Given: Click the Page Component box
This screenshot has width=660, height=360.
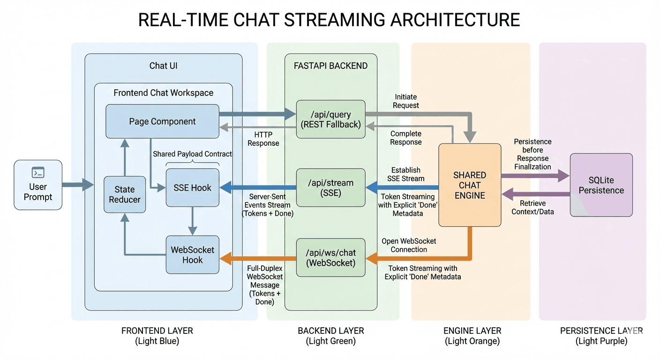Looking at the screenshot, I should click(162, 121).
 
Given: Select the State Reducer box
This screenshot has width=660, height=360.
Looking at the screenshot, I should click(125, 195).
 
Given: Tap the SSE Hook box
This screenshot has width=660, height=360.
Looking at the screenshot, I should click(192, 188).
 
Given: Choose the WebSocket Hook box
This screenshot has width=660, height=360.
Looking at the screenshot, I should click(192, 255).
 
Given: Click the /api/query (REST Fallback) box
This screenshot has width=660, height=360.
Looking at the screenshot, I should click(330, 119).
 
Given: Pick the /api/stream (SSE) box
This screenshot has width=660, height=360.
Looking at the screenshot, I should click(330, 188).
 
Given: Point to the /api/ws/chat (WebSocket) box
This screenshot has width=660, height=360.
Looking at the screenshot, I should click(330, 257).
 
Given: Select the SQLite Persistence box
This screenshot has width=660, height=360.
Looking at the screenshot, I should click(601, 185).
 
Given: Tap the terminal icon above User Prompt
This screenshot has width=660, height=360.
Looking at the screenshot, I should click(38, 172).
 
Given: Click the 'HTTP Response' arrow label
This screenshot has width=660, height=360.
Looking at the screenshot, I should click(263, 139).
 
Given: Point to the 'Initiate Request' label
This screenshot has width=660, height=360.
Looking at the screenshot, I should click(406, 101).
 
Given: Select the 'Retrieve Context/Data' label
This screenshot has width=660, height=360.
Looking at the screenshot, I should click(533, 207).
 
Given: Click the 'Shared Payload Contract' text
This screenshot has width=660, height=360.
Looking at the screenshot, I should click(192, 154).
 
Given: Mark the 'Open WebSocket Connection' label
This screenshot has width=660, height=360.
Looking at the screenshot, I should click(409, 245).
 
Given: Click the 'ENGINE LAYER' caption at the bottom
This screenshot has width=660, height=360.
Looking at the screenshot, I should click(472, 331).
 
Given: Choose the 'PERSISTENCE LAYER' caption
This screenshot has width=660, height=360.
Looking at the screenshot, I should click(601, 331).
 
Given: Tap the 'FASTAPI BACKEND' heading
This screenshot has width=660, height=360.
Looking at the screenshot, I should click(330, 66).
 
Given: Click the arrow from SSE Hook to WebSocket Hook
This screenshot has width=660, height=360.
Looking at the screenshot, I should click(192, 221).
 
